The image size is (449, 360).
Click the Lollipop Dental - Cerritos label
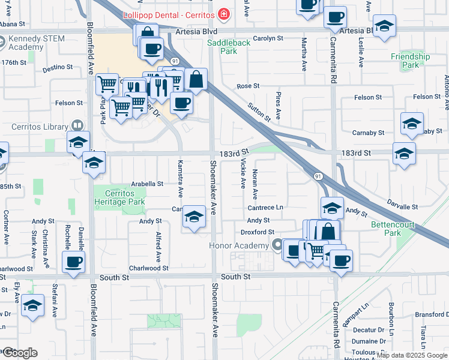coord(169,13)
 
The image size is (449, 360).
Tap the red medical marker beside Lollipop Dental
coord(224,13)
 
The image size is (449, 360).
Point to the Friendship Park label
coord(411,61)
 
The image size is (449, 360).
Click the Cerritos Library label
coord(40,127)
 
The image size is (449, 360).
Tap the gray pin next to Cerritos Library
coord(76,126)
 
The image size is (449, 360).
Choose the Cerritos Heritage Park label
coord(120,197)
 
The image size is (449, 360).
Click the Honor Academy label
coord(239,245)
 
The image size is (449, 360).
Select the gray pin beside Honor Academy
coord(277,245)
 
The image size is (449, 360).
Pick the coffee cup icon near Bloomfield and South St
coord(73,262)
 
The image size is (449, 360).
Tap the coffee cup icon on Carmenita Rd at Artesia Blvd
coord(335,17)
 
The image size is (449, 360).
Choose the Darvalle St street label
coord(402,206)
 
